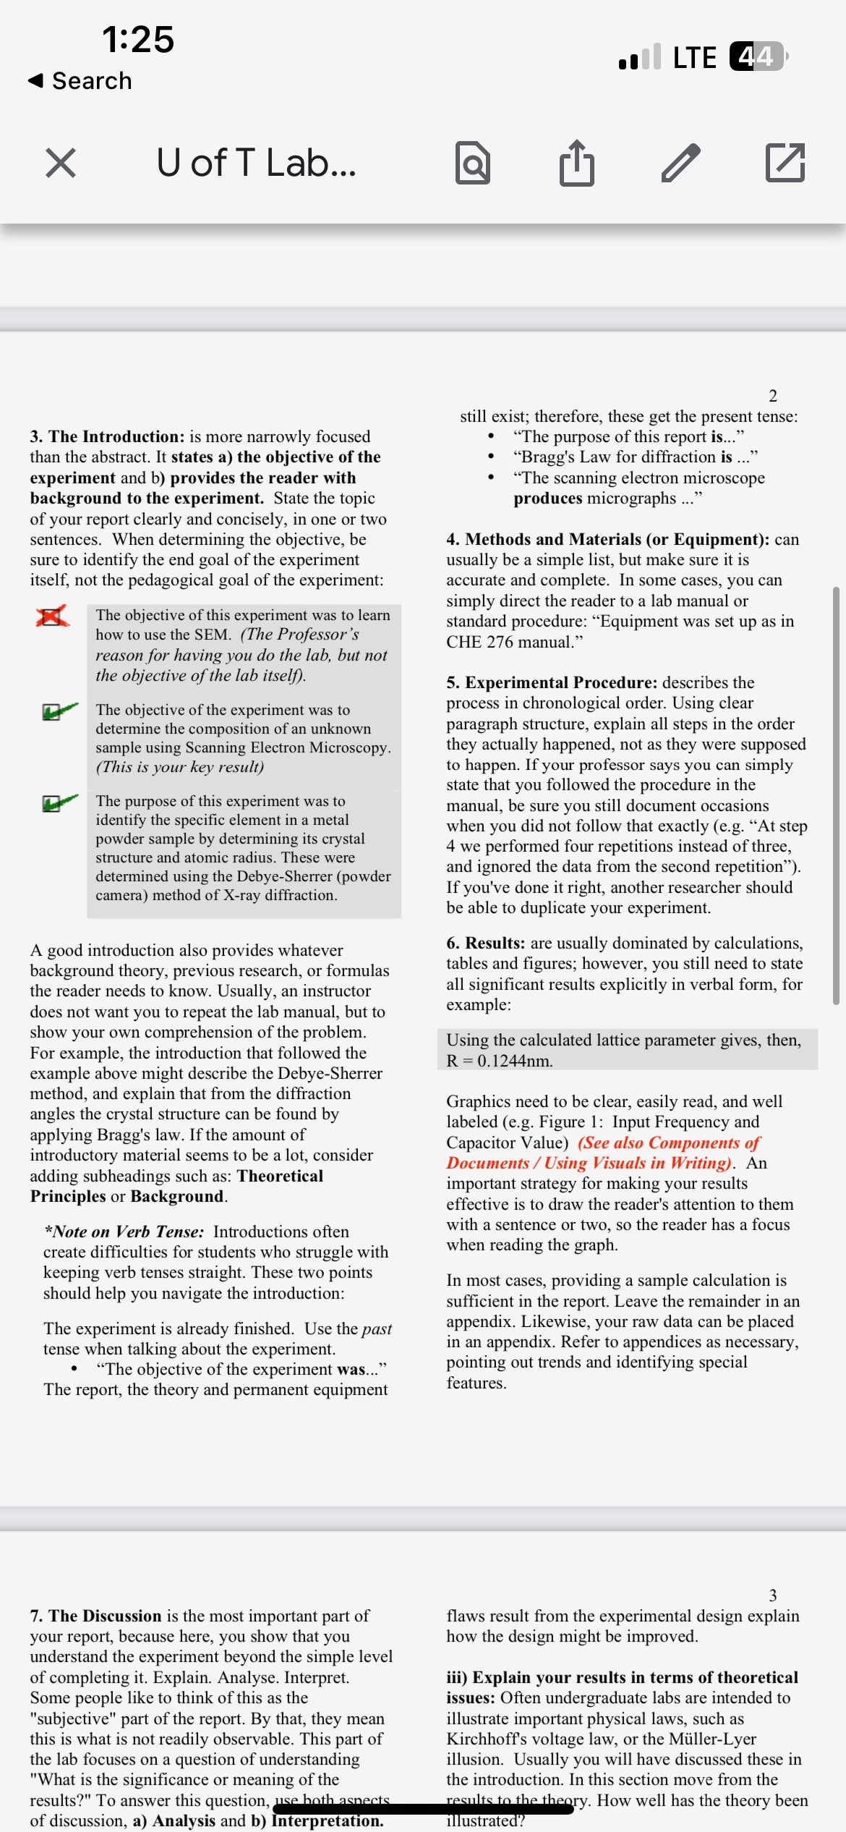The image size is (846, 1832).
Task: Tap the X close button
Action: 61,162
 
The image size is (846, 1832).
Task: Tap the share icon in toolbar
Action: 576,162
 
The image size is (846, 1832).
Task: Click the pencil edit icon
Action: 680,162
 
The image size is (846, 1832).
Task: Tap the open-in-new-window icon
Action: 785,162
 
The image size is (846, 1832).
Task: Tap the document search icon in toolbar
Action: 473,163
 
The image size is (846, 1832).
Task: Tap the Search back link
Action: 80,80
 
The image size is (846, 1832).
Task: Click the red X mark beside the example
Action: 52,616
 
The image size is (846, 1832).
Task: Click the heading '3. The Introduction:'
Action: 107,436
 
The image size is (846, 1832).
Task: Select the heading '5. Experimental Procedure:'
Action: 552,682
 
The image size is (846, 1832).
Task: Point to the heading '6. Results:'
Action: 485,943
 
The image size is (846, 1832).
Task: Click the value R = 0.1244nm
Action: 499,1061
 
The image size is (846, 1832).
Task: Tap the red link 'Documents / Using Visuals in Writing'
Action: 589,1163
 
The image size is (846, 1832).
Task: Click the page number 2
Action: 772,396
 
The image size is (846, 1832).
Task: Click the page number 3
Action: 772,1595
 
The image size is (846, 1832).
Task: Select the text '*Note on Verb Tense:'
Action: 124,1231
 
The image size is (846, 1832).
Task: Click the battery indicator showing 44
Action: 756,56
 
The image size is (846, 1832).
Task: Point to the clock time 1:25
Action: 137,39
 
